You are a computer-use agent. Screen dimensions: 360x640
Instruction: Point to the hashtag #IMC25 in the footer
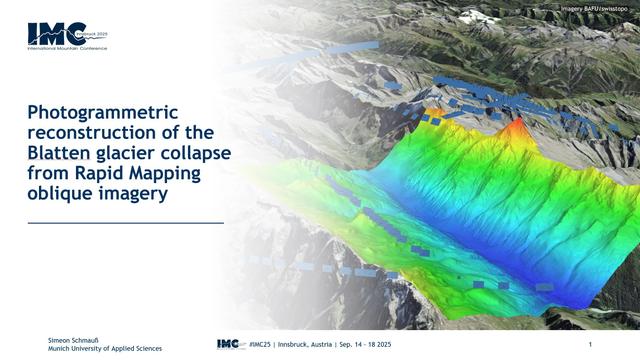coord(264,345)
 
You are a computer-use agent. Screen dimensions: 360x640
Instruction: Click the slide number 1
coord(591,345)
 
